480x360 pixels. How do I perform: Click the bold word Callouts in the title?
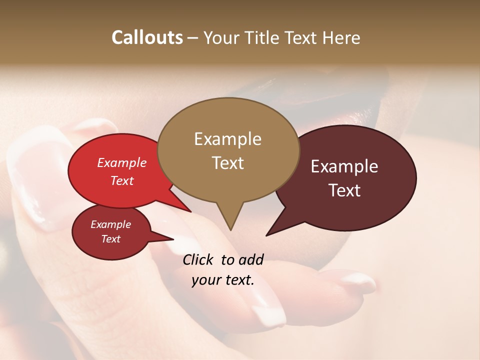[x=147, y=37]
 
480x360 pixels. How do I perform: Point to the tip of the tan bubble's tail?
[x=230, y=230]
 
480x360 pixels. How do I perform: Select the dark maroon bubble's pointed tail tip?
[x=266, y=235]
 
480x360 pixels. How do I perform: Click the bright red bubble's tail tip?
[x=190, y=211]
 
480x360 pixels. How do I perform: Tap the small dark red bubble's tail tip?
[x=173, y=239]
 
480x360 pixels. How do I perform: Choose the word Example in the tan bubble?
[x=227, y=139]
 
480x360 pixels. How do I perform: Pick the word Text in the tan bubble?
[x=228, y=163]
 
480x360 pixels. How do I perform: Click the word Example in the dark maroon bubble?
[x=344, y=166]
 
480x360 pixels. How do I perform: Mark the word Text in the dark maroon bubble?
[x=345, y=190]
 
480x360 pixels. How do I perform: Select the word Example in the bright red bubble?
[x=122, y=162]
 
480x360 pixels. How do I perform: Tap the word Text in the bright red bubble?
[x=122, y=180]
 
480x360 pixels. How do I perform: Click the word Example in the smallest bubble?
[x=111, y=224]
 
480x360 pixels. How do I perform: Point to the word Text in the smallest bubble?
[x=111, y=239]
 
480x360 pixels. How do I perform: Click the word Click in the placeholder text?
[x=198, y=259]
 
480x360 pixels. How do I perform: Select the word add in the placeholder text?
[x=251, y=259]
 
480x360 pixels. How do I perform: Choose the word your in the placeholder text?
[x=205, y=280]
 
